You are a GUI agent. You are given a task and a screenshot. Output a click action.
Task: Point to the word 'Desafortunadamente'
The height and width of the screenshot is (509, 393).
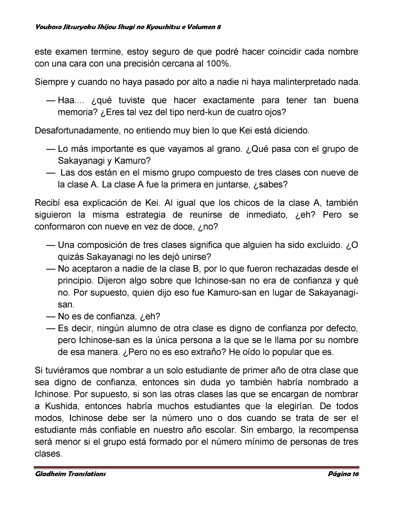coord(78,131)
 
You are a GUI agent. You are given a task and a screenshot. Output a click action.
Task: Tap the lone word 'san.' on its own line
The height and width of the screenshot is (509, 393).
coord(66,305)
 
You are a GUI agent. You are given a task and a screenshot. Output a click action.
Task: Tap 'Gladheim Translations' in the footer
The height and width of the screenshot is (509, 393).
coord(71,474)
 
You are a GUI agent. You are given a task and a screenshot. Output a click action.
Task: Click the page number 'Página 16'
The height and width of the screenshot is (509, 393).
coord(343,474)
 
